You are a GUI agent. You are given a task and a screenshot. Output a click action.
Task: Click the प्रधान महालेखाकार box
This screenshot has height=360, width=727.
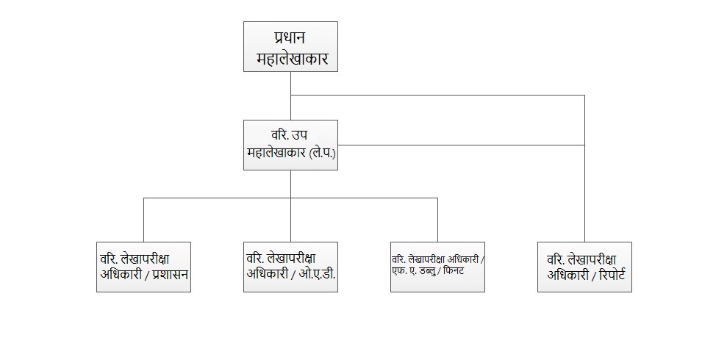290,46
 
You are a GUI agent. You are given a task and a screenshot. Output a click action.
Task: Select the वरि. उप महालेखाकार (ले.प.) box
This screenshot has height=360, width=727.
290,145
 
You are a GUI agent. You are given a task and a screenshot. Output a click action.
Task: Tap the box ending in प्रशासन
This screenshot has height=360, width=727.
144,267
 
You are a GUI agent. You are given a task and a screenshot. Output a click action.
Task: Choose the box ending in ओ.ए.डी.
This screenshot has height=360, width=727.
290,267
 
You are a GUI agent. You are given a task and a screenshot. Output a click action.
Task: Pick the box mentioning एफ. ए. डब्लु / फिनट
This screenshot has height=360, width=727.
437,267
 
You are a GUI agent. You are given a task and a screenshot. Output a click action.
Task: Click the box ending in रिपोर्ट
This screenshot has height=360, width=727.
584,267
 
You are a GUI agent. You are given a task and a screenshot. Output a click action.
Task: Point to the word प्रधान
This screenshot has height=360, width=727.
290,37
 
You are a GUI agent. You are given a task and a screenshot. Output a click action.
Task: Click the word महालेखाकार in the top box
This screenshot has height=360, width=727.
292,59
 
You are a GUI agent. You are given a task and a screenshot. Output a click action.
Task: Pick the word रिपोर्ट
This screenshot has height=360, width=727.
612,274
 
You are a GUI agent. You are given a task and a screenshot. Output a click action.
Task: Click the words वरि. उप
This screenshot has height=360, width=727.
290,135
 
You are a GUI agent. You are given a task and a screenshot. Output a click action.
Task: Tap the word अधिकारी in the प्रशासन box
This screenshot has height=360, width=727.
121,274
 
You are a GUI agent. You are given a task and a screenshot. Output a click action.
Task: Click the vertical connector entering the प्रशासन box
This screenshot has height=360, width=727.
144,220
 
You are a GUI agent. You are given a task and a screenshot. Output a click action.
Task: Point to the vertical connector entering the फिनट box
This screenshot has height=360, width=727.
437,220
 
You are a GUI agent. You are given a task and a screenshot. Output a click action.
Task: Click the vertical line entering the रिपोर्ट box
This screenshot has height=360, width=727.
584,169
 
